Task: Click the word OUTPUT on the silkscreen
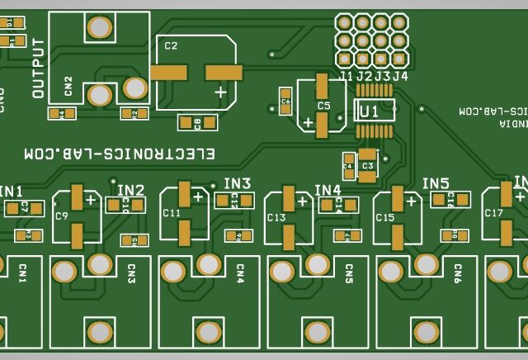click(x=38, y=68)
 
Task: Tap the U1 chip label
click(x=370, y=110)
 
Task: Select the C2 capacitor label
click(x=171, y=46)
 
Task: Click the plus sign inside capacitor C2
click(x=220, y=92)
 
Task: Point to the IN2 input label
click(x=130, y=191)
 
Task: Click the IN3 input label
click(x=237, y=183)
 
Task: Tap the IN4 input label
click(x=328, y=191)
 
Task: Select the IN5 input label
click(x=436, y=183)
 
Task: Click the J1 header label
click(x=346, y=76)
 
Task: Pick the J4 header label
click(x=399, y=76)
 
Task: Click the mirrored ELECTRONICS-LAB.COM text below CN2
click(x=119, y=154)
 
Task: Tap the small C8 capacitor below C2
click(x=197, y=123)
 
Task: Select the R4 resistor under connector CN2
click(x=56, y=113)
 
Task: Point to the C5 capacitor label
click(x=323, y=106)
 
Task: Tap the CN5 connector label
click(x=349, y=274)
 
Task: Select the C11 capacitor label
click(x=172, y=212)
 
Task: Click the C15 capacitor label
click(x=385, y=217)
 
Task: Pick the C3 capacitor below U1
click(x=367, y=166)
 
